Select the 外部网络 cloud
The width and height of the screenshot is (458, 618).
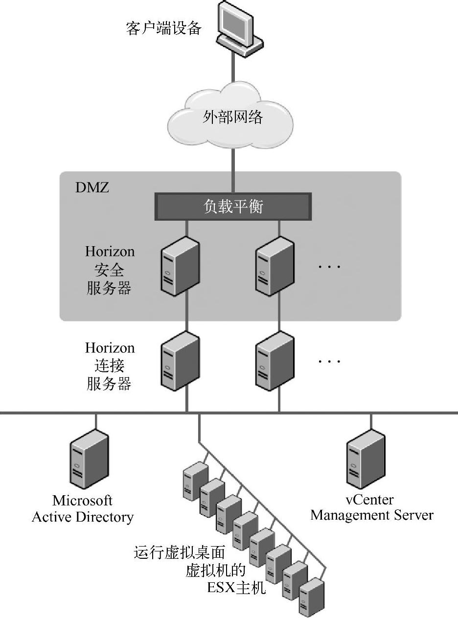pyautogui.click(x=232, y=117)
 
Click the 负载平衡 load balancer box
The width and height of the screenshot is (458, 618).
pyautogui.click(x=233, y=206)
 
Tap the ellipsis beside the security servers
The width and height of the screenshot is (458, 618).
pyautogui.click(x=329, y=267)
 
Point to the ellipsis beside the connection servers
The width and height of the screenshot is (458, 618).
pyautogui.click(x=329, y=362)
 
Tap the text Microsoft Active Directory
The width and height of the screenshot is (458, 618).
pyautogui.click(x=83, y=509)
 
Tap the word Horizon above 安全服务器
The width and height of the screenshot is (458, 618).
pyautogui.click(x=110, y=252)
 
